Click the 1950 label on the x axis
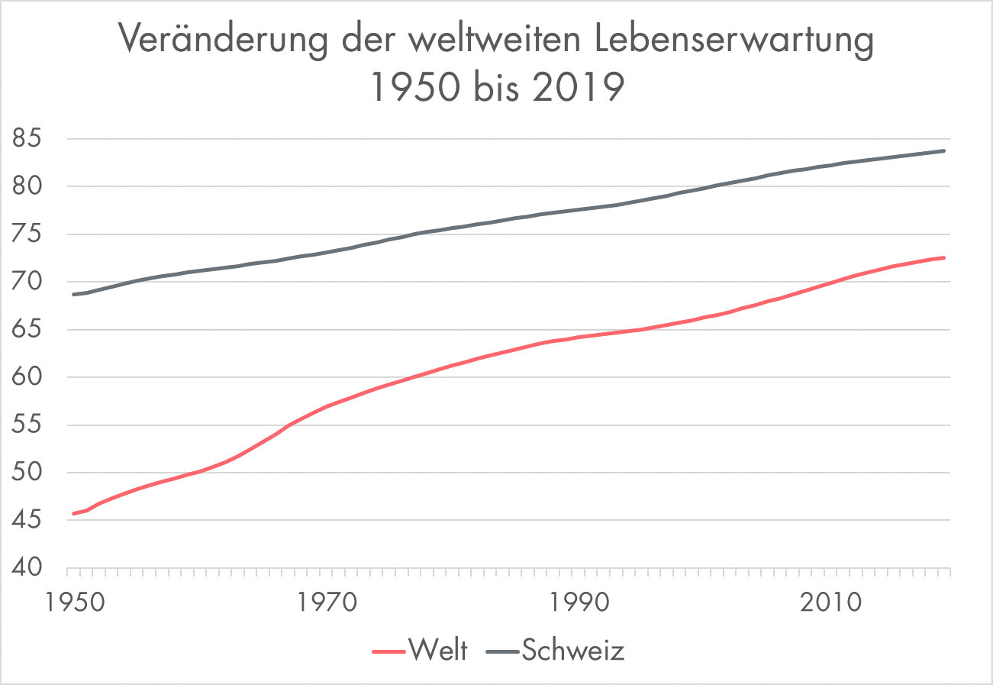coord(69,603)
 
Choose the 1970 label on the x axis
coord(324,603)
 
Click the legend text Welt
coord(437,651)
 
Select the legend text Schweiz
coord(573,651)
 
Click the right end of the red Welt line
coord(945,257)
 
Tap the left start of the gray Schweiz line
coord(73,294)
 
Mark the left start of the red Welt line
coord(73,513)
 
